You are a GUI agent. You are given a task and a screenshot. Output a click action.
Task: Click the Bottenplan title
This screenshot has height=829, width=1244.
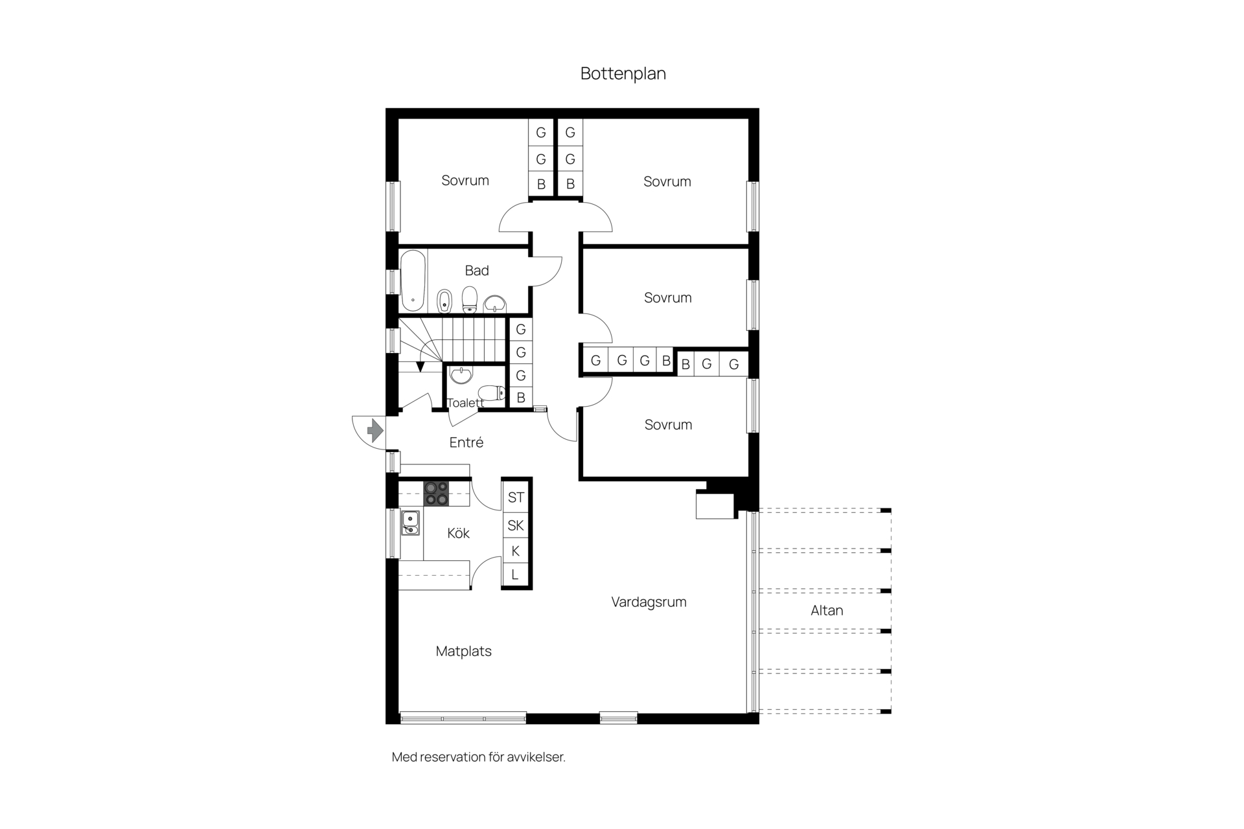pos(623,74)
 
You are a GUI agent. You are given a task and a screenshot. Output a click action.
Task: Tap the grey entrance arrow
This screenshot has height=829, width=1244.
pos(375,431)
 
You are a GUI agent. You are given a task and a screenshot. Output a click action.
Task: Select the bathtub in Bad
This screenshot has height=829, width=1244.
pos(413,280)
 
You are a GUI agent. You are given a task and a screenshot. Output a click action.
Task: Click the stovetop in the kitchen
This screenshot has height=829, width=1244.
pos(436,493)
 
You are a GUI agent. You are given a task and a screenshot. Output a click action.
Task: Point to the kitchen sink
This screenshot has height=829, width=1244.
pos(410,523)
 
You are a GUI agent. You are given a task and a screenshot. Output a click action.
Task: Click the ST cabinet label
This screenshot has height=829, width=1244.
pos(516,497)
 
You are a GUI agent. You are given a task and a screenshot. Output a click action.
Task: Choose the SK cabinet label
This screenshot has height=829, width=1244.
pos(516,525)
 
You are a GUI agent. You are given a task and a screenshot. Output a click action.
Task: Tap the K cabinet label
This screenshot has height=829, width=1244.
pos(516,551)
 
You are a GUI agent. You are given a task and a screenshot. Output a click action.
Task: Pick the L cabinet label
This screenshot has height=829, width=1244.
pos(515,574)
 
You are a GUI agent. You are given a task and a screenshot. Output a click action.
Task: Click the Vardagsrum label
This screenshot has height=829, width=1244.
pos(649,602)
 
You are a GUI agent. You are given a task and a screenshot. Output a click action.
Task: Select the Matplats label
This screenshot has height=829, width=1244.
pos(463,652)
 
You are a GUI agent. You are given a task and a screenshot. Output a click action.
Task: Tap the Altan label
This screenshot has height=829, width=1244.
pos(827,610)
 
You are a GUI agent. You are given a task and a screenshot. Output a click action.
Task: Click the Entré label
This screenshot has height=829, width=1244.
pos(466,442)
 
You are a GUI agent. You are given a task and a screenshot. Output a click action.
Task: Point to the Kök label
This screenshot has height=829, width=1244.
pos(458,533)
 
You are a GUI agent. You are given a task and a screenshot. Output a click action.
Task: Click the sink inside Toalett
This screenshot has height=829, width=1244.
pos(461,374)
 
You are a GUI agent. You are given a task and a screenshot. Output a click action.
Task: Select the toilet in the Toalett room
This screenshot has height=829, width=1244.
pos(492,392)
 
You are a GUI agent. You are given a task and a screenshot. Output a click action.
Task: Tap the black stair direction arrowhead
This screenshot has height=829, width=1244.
pos(420,367)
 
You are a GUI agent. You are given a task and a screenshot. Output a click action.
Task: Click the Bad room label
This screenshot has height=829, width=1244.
pos(477,271)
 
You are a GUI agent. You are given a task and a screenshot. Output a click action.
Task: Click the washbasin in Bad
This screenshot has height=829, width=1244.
pos(496,304)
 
